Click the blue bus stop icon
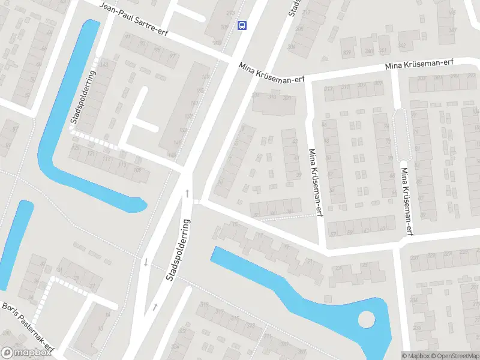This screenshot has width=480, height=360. tap(242, 25)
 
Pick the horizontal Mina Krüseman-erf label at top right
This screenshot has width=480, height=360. tap(419, 64)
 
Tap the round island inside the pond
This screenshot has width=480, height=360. tap(365, 319)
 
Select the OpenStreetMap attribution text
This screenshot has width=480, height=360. tap(453, 356)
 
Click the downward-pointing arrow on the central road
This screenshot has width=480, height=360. tap(145, 262)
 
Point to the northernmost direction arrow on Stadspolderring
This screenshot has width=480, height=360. tap(188, 193)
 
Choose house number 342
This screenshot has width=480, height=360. tap(401, 45)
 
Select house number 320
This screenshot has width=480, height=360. tap(287, 98)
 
